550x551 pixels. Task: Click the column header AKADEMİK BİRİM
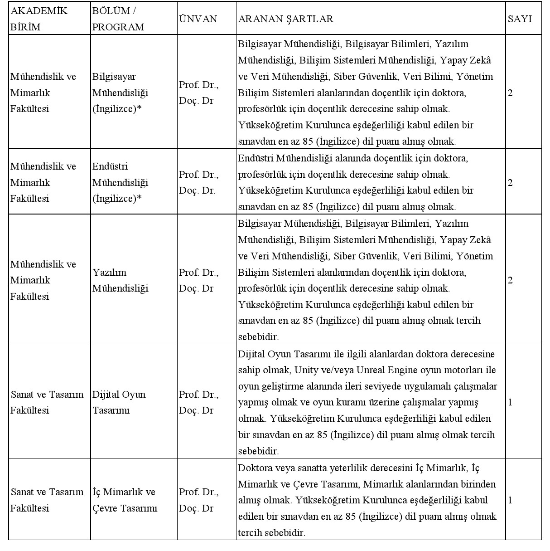pos(39,19)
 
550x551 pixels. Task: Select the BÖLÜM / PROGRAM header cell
pos(118,19)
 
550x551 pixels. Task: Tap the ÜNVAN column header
pos(198,19)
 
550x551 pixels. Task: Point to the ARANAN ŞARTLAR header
pos(285,19)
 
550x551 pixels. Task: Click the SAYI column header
pos(519,19)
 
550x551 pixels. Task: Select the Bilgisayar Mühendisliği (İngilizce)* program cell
pos(121,93)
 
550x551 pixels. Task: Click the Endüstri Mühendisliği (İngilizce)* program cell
pos(121,182)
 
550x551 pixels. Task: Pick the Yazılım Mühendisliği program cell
pos(121,280)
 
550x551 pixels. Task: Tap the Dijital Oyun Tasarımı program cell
pos(119,402)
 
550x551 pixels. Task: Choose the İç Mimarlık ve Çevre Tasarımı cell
pos(125,500)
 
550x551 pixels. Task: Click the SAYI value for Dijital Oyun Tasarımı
pos(511,402)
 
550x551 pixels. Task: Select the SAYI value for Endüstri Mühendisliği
pos(511,183)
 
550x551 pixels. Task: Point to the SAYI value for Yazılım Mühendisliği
pos(511,280)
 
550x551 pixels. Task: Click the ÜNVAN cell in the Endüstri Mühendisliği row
pos(199,182)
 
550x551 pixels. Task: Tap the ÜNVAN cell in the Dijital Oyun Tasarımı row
pos(199,402)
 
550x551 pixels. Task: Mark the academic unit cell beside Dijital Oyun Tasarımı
pos(47,402)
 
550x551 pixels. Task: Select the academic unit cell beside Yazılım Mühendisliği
pos(43,280)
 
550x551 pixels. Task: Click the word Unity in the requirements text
pos(306,370)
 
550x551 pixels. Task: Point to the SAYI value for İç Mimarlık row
pos(511,500)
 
